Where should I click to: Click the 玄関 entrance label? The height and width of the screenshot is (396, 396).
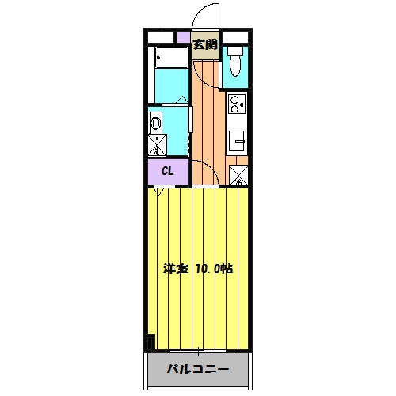(x=205, y=45)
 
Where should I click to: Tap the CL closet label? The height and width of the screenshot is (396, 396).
(x=168, y=171)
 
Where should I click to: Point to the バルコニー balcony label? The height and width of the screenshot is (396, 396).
(x=197, y=369)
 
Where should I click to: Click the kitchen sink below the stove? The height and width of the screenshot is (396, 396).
(x=236, y=142)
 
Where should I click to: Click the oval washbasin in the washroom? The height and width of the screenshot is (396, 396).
(x=156, y=123)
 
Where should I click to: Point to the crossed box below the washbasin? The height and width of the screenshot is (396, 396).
(x=156, y=145)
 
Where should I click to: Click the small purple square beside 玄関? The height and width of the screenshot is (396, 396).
(x=183, y=37)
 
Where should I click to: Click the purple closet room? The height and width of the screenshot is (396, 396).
(x=168, y=171)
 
